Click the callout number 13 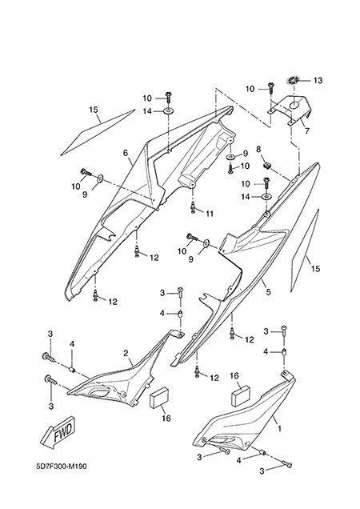[x=318, y=80]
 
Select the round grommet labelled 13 [x=293, y=79]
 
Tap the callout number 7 [x=306, y=130]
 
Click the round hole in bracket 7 [x=294, y=105]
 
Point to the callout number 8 [x=258, y=150]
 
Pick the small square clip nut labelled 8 [x=267, y=166]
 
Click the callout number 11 [x=210, y=214]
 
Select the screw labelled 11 [x=193, y=207]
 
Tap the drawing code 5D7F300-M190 [x=62, y=467]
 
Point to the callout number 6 [x=126, y=153]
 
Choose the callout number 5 [x=268, y=292]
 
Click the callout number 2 [x=126, y=353]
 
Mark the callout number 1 [x=279, y=429]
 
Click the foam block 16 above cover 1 [x=241, y=395]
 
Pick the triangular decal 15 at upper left [x=98, y=132]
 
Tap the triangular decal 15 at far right [x=305, y=250]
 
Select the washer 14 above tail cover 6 [x=168, y=111]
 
